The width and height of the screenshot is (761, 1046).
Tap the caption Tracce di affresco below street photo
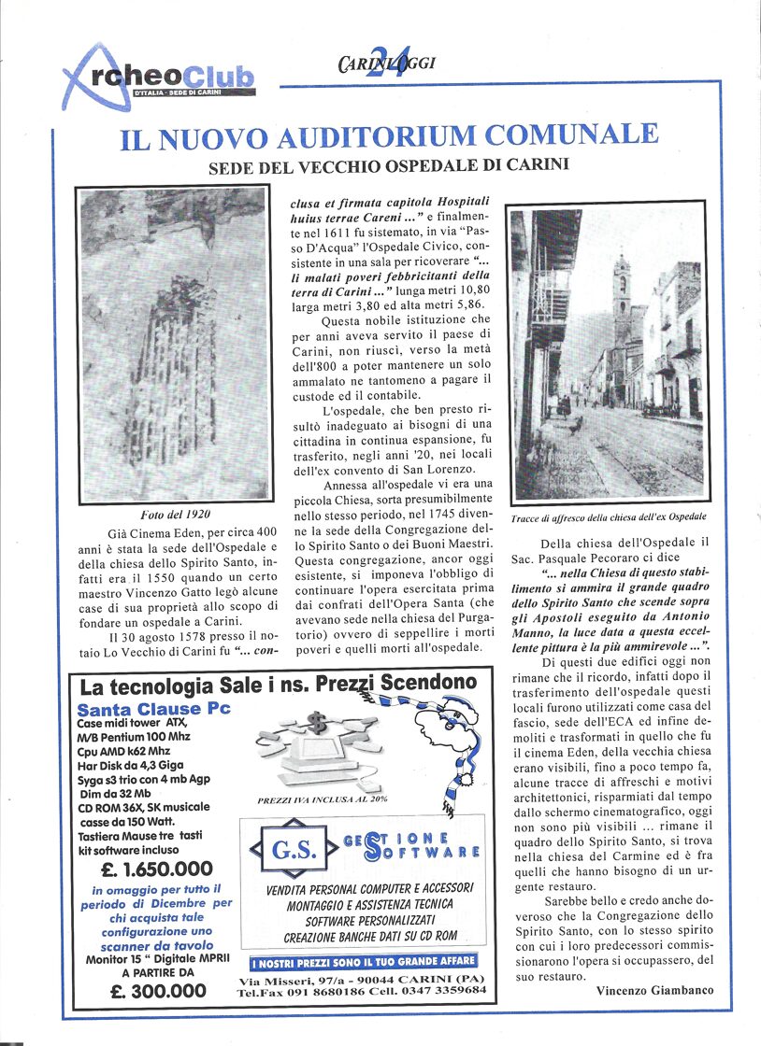click(x=609, y=516)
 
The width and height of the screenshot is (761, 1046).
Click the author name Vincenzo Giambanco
click(x=653, y=991)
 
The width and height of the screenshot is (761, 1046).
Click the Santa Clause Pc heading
click(x=153, y=709)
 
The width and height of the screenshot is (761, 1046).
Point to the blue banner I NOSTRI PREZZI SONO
click(x=364, y=961)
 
